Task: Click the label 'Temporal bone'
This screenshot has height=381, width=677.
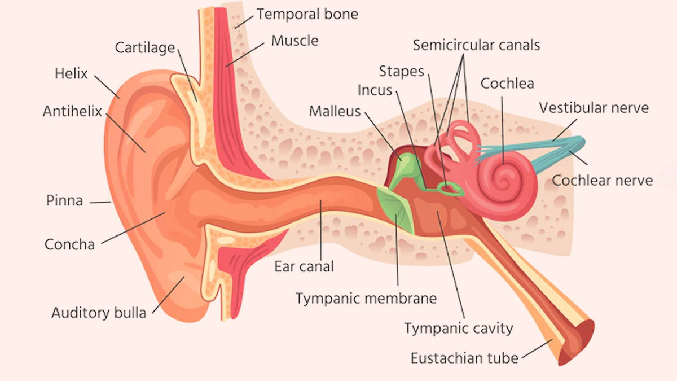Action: (307, 14)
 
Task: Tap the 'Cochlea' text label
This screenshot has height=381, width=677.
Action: (507, 84)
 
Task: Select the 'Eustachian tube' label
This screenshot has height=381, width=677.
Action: (464, 358)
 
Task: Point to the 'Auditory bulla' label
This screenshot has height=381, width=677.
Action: (99, 313)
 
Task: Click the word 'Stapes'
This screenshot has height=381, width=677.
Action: (401, 72)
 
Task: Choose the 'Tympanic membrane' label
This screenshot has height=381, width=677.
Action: (366, 299)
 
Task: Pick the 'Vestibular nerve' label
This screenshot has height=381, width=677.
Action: (594, 108)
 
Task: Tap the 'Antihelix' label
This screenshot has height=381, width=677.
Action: (72, 111)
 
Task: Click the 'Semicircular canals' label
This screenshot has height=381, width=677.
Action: (476, 45)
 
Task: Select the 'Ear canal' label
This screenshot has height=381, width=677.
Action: (304, 266)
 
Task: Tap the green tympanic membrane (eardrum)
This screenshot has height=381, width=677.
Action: (395, 209)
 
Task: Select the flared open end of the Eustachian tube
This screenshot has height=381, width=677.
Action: (576, 341)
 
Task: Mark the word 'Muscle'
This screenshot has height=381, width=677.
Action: (294, 41)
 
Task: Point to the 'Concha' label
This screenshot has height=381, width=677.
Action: (69, 244)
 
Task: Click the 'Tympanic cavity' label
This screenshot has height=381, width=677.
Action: (459, 329)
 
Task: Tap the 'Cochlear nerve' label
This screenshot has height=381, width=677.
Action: (602, 181)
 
